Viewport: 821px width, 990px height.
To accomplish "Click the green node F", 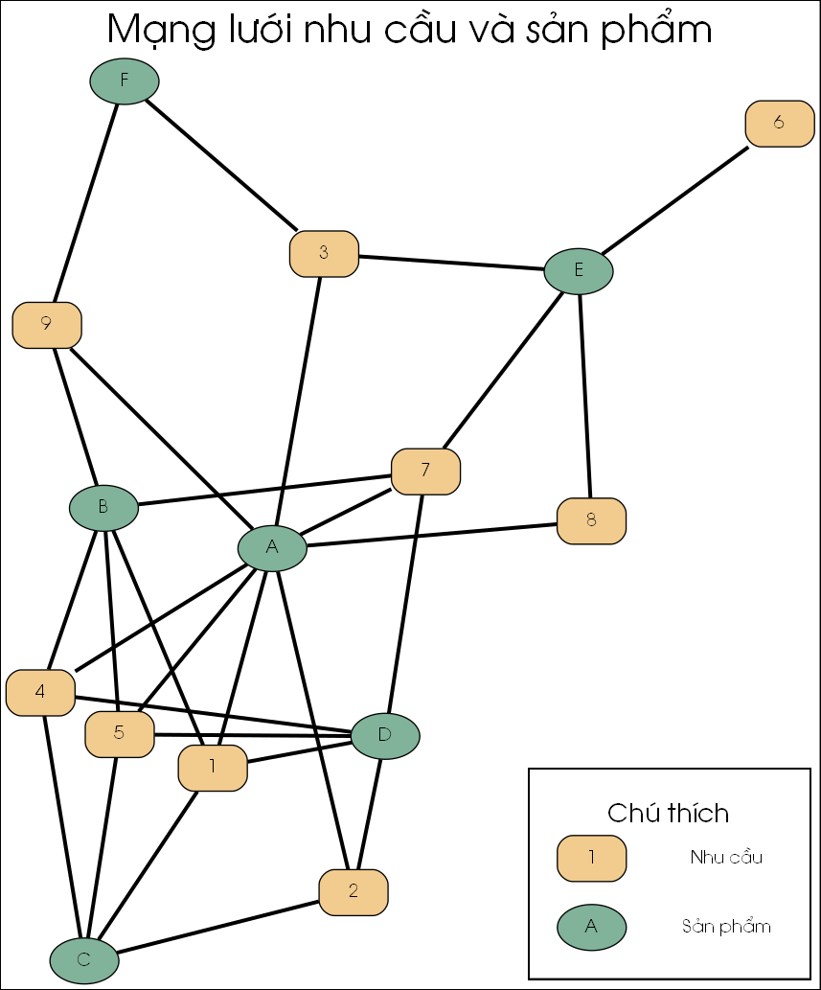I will coord(125,81).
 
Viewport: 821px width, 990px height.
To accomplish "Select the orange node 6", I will coord(779,124).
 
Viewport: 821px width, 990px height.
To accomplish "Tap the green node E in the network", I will coord(579,270).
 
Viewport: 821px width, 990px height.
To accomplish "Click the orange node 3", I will coord(324,254).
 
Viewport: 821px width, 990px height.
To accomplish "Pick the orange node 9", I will coord(47,325).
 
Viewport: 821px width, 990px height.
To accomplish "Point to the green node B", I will coord(103,507).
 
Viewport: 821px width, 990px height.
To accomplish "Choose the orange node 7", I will coord(425,472).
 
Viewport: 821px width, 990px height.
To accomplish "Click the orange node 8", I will coord(591,521).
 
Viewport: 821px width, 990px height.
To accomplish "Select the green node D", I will coord(385,736).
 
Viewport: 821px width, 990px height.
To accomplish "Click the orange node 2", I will coord(353,892).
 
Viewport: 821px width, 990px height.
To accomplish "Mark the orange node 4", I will coord(40,692).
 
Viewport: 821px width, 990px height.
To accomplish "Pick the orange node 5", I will coord(120,734).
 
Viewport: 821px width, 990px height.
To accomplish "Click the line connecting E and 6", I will coord(674,201).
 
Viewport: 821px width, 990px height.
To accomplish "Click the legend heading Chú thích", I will coord(669,813).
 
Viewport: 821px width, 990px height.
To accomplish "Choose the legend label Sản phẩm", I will coord(726,927).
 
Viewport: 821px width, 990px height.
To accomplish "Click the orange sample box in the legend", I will coord(591,858).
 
